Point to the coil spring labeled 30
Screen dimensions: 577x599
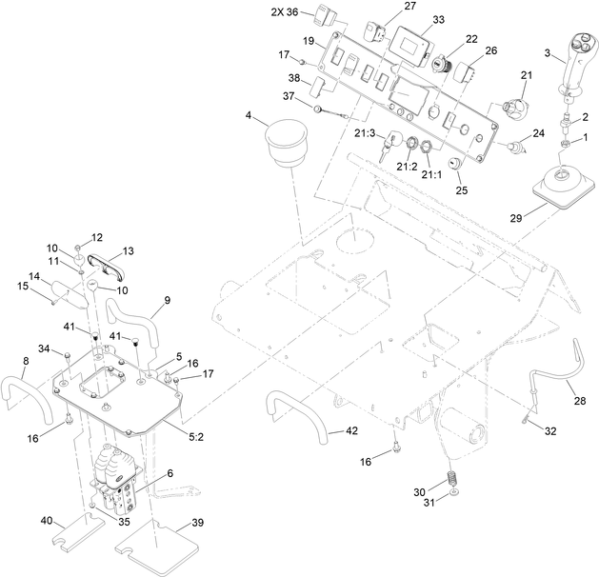[x=454, y=477]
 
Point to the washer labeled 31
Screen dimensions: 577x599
[x=455, y=496]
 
